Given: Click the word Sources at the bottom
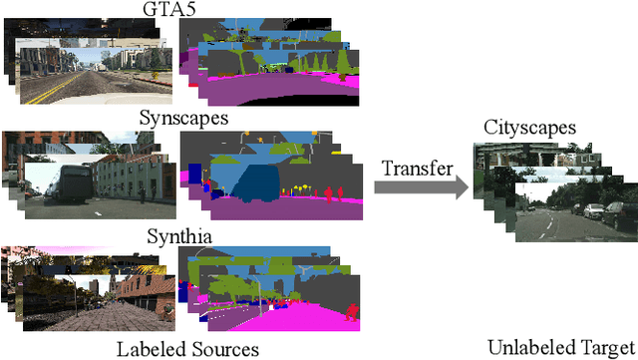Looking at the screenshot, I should [223, 349].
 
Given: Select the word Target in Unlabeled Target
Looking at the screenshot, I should [604, 348].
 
